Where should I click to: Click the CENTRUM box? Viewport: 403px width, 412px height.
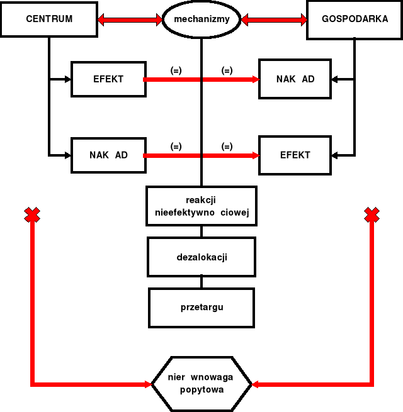point(49,19)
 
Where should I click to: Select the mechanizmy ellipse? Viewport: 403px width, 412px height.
point(201,19)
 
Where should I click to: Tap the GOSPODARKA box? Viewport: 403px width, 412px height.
point(355,19)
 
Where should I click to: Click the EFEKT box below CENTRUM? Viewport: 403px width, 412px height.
point(108,79)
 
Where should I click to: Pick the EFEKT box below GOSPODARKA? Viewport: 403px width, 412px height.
point(295,155)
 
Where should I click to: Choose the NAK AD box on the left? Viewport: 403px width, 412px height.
point(108,155)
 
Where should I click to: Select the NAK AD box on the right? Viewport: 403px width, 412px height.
point(295,79)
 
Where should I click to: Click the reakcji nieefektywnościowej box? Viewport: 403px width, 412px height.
point(201,206)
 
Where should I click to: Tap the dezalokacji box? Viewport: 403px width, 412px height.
point(201,257)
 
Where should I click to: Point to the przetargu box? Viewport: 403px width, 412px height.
point(201,308)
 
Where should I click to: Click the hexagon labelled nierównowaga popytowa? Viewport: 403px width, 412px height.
point(201,383)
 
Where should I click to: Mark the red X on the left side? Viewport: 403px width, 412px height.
point(31,216)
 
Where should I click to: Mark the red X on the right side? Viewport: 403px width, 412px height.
point(372,216)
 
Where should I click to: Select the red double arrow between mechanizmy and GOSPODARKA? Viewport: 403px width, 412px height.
point(273,20)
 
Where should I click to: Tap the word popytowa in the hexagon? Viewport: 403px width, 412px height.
point(201,389)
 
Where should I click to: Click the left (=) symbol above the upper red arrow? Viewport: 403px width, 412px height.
point(176,70)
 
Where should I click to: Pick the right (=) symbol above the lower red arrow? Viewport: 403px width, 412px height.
point(227,146)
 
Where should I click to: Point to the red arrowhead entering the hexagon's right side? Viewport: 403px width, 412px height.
point(256,383)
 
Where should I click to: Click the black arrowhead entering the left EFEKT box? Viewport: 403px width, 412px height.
point(68,79)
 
